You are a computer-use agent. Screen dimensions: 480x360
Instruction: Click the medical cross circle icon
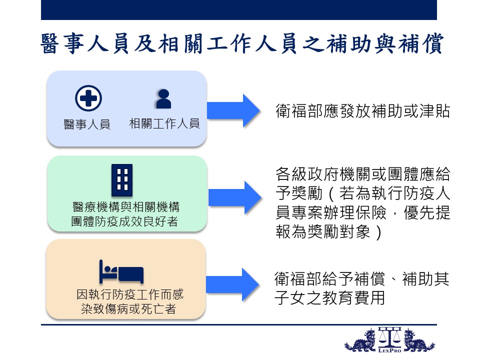[x=88, y=98]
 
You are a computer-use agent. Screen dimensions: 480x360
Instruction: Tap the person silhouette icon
[x=163, y=99]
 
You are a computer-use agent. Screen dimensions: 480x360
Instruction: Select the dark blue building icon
[x=122, y=180]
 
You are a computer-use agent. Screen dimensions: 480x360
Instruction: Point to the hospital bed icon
[x=121, y=271]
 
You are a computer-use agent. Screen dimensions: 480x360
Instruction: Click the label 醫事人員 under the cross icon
[x=87, y=124]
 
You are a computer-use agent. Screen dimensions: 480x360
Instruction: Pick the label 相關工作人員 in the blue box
[x=164, y=123]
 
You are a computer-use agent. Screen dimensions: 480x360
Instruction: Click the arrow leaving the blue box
[x=233, y=110]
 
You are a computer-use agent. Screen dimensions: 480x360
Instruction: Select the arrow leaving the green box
[x=235, y=198]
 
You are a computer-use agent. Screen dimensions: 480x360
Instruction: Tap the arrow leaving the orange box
[x=232, y=284]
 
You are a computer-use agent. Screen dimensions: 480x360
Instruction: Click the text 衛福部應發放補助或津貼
[x=363, y=111]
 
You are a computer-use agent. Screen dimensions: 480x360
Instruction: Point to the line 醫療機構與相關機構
[x=126, y=207]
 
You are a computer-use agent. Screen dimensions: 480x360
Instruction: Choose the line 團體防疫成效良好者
[x=124, y=221]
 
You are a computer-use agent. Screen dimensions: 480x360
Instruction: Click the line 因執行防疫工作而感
[x=130, y=294]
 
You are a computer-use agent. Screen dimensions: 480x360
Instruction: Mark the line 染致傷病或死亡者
[x=128, y=308]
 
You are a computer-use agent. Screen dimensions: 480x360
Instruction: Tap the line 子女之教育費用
[x=329, y=297]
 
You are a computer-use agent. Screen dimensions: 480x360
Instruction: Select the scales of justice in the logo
[x=389, y=337]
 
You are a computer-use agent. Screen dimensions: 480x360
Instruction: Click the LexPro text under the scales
[x=389, y=350]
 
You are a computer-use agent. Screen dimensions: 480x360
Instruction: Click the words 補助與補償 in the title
[x=384, y=43]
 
